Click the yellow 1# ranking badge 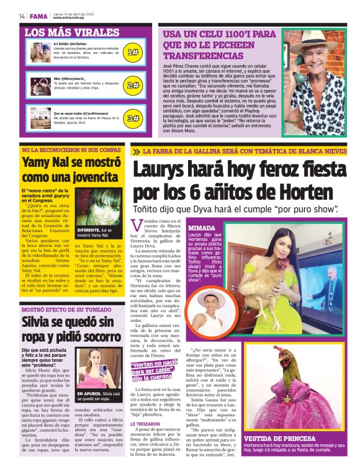coord(132,53)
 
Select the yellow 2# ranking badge coord(132,85)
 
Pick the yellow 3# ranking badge coord(132,118)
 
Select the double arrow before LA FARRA coord(136,151)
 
